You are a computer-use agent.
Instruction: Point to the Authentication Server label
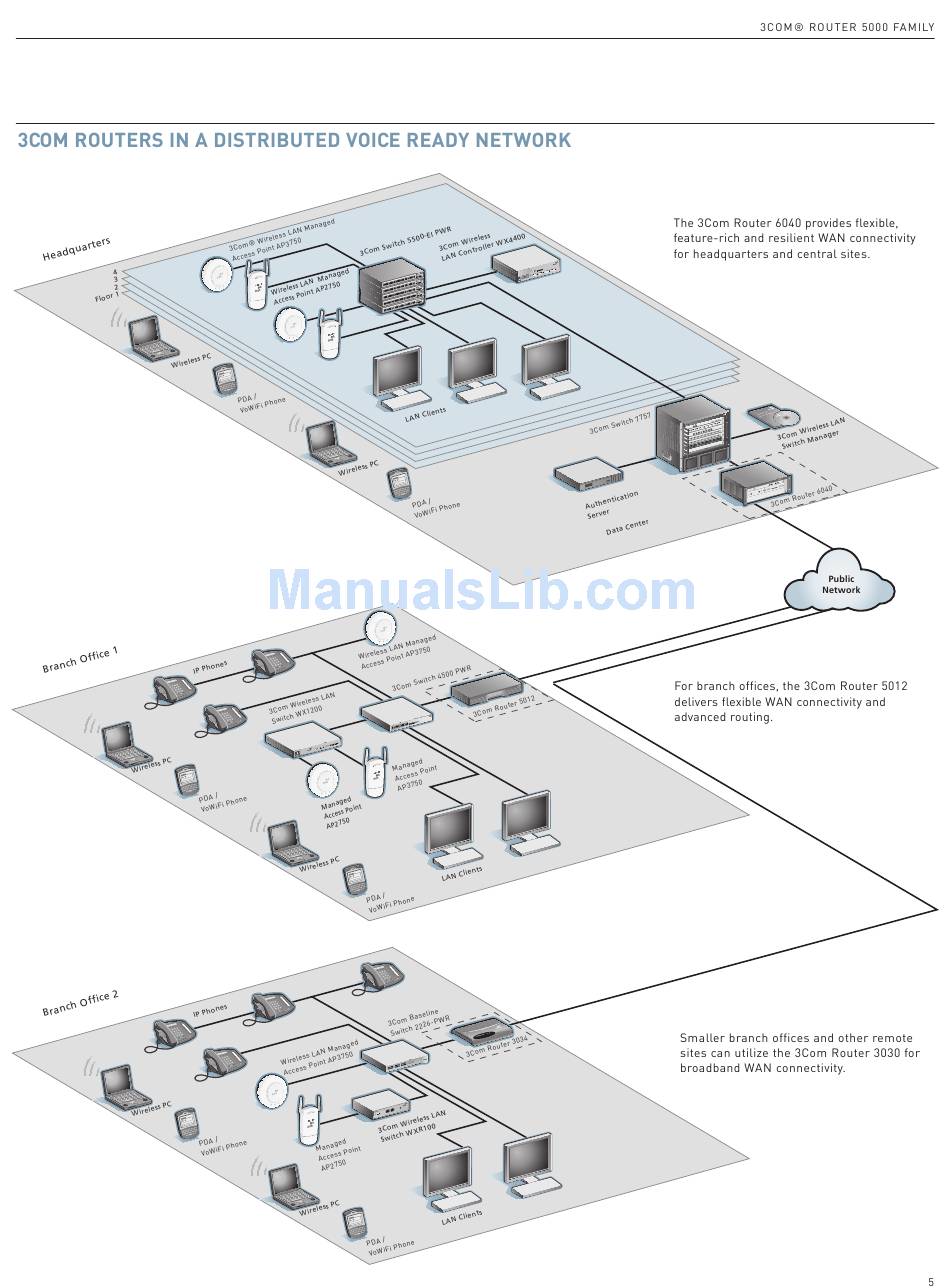point(611,503)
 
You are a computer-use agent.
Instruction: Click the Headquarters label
point(76,249)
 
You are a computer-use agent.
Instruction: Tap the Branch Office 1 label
point(80,659)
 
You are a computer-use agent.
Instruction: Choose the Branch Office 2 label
point(80,1002)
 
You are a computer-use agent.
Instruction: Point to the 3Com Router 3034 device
point(482,1033)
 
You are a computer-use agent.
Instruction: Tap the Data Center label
point(627,526)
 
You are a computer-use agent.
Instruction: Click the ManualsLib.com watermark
point(480,590)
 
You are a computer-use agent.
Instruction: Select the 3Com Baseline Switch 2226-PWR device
point(393,1057)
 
